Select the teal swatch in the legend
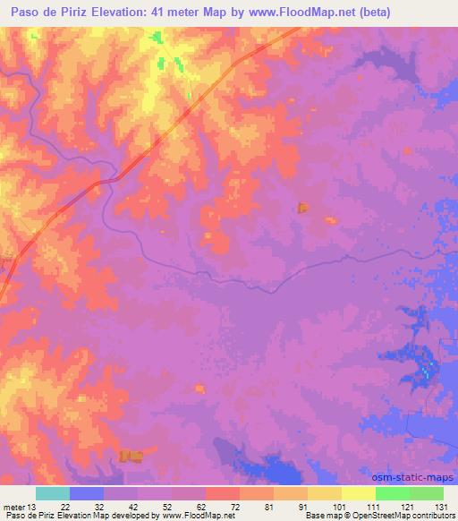point(53,493)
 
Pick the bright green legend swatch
point(392,493)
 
